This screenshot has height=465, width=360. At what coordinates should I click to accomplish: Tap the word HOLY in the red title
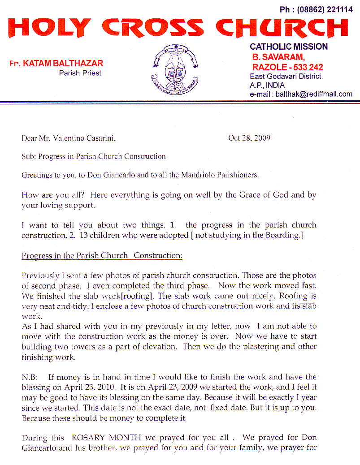tap(50, 28)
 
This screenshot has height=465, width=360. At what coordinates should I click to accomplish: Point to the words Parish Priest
tap(80, 73)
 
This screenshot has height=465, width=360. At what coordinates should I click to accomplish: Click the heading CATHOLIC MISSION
tap(289, 47)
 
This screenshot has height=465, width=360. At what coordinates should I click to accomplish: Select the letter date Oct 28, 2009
tap(249, 138)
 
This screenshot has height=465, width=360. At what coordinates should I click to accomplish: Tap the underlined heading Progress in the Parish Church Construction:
tap(102, 255)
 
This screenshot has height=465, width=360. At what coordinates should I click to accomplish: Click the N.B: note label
tap(30, 378)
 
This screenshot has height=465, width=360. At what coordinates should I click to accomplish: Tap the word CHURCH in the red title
tap(282, 28)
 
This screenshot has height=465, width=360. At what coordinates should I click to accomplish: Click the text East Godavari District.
tap(286, 77)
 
